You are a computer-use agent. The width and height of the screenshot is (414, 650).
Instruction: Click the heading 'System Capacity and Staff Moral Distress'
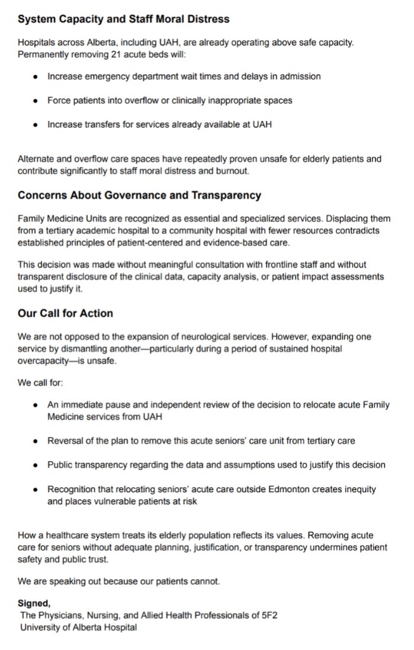tap(123, 20)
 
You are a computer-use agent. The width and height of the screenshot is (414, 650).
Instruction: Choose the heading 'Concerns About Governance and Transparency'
tap(139, 195)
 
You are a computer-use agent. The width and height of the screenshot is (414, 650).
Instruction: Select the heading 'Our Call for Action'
tap(65, 313)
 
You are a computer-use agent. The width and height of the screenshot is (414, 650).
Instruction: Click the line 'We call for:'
tap(39, 383)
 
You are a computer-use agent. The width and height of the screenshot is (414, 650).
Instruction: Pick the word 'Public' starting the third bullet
tap(61, 465)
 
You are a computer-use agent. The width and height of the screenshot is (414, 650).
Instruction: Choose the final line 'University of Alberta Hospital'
tap(78, 627)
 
